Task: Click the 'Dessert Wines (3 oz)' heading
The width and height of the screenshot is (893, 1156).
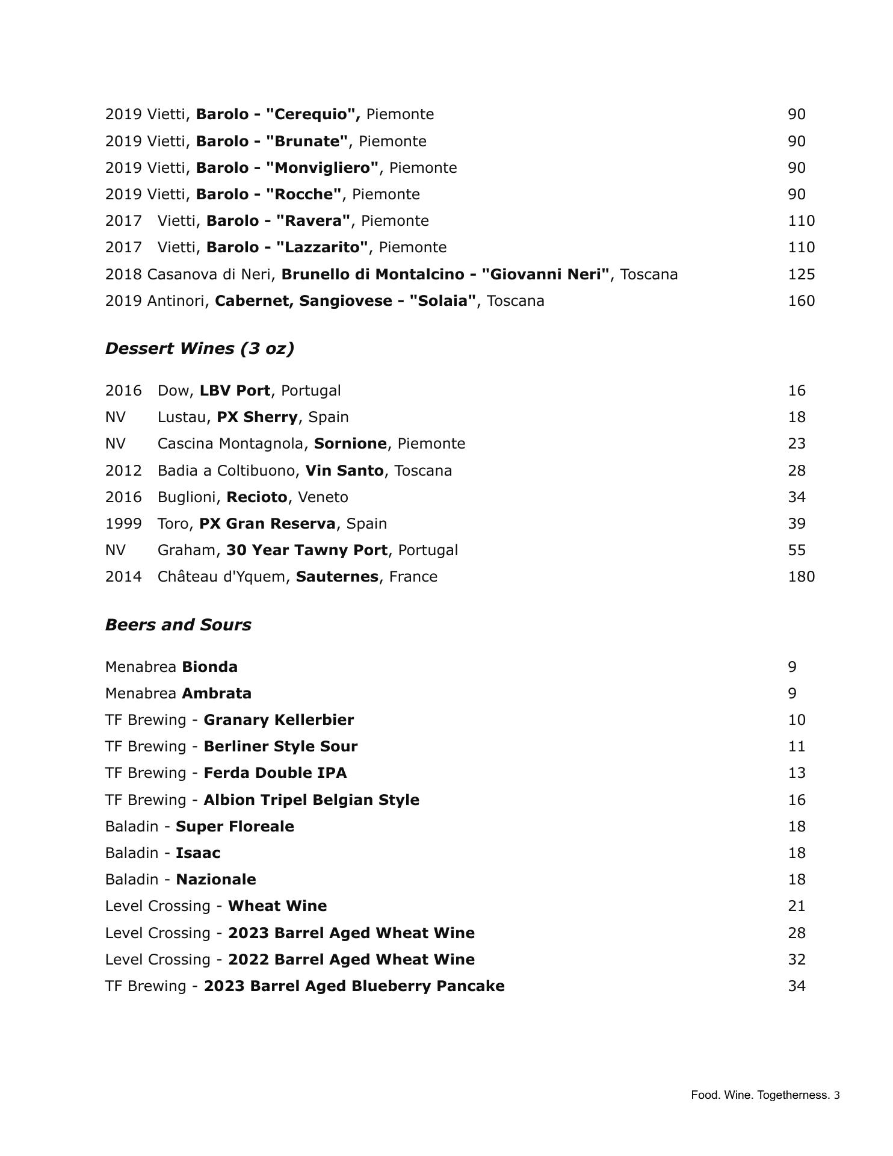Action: (x=199, y=349)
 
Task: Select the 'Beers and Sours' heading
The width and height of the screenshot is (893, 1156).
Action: (x=178, y=625)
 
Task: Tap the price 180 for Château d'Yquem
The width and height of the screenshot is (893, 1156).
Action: (x=801, y=577)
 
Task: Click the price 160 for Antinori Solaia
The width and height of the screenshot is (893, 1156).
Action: (x=801, y=301)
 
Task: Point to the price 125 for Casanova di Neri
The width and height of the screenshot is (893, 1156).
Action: (x=801, y=275)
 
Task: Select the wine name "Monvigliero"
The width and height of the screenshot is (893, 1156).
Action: (x=322, y=168)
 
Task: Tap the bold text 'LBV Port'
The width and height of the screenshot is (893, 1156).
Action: (x=235, y=391)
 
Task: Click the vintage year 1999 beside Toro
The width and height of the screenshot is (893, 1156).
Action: (x=123, y=524)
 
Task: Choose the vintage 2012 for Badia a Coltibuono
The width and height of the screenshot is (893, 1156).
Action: (x=123, y=471)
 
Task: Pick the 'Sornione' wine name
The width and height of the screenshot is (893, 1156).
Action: (x=350, y=444)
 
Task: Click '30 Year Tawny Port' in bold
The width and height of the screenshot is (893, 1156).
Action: (x=307, y=550)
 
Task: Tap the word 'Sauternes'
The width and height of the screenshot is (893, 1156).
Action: (x=337, y=577)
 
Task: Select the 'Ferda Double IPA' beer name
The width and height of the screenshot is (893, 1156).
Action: (x=275, y=773)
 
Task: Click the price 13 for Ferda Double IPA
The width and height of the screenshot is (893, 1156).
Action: (x=796, y=773)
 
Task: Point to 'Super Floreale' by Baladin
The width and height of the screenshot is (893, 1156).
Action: (x=235, y=827)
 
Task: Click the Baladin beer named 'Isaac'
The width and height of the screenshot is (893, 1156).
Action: (x=198, y=853)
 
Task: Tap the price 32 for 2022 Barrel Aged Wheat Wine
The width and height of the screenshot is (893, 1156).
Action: (x=796, y=960)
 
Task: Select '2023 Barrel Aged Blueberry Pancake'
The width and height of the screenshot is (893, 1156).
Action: (x=354, y=986)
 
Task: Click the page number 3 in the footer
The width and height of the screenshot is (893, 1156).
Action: (x=837, y=1095)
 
